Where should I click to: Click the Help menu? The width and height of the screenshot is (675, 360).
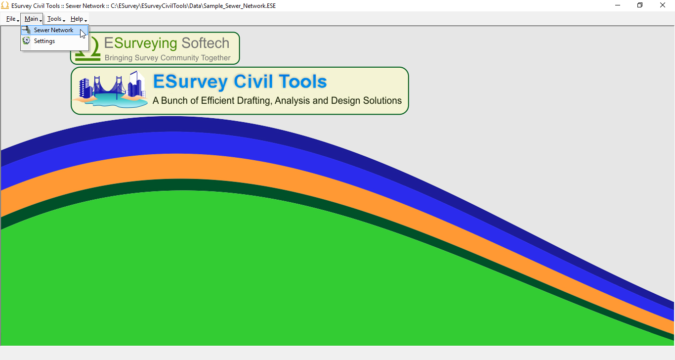[78, 19]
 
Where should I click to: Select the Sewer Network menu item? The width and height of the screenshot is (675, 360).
[53, 30]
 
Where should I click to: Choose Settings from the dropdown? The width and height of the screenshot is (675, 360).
[44, 41]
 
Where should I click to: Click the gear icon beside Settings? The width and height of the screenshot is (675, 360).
[26, 41]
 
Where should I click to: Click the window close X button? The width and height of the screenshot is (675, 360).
[663, 5]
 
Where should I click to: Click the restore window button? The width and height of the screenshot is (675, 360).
[640, 5]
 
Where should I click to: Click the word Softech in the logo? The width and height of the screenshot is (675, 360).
[205, 43]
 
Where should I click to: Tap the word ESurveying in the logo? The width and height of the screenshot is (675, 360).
[140, 43]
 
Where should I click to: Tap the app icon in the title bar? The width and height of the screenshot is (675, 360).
[5, 5]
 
